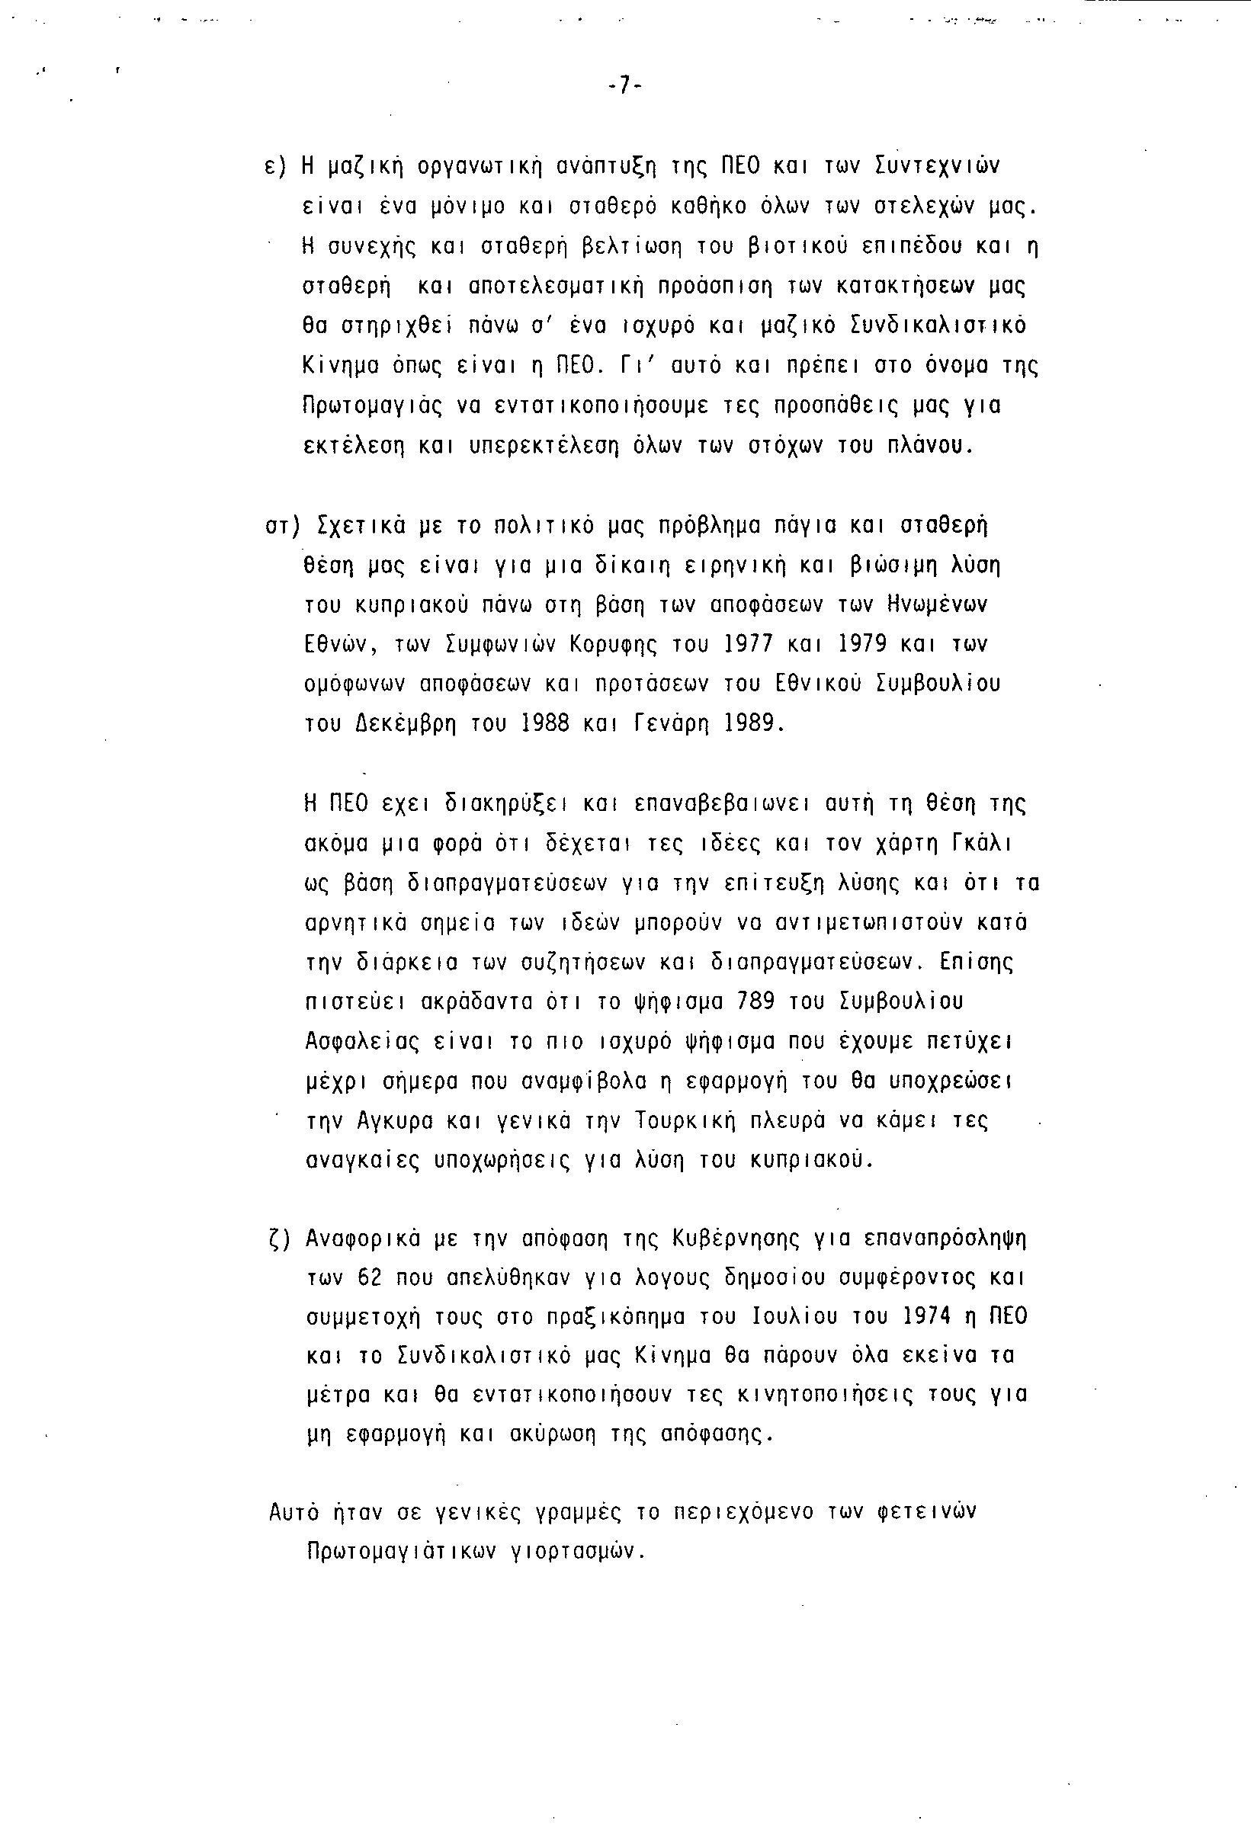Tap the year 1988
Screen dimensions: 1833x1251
tap(545, 723)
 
